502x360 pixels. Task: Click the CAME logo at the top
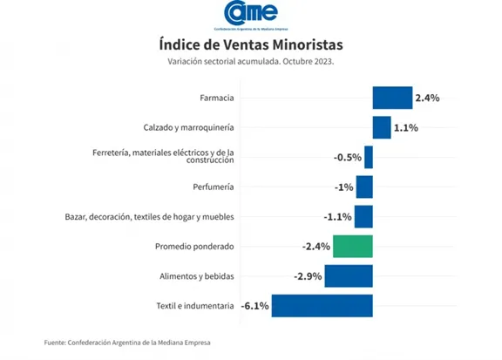[x=251, y=14]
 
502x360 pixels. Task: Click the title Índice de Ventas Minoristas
[x=251, y=44]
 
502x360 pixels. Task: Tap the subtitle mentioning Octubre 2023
[x=251, y=61]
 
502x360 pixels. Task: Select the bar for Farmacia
[x=392, y=98]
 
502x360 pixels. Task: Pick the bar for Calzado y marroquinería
[x=382, y=127]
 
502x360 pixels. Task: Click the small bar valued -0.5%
[x=369, y=157]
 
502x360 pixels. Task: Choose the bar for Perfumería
[x=364, y=187]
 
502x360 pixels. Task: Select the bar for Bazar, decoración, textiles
[x=363, y=216]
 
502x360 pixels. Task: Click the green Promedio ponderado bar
[x=353, y=246]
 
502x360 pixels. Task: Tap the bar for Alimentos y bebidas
[x=349, y=275]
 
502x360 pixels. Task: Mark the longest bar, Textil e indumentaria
[x=322, y=306]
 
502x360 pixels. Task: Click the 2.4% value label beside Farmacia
[x=427, y=98]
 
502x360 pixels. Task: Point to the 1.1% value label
[x=406, y=127]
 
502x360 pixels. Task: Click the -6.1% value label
[x=255, y=306]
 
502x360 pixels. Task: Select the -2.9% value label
[x=309, y=276]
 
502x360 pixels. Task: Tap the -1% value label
[x=343, y=187]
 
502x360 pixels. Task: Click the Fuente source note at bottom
[x=127, y=343]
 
